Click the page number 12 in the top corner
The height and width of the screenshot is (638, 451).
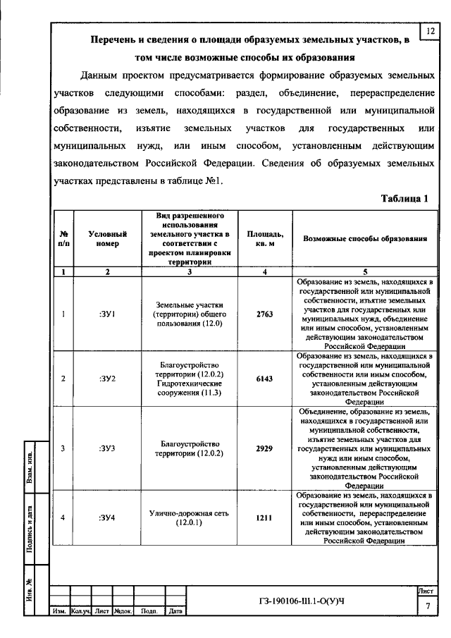click(x=430, y=30)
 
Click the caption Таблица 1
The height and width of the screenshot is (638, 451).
click(x=404, y=199)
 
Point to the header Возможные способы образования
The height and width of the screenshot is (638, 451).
click(x=365, y=238)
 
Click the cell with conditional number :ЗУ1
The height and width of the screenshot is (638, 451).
click(x=108, y=314)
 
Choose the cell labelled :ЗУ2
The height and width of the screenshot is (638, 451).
click(x=108, y=378)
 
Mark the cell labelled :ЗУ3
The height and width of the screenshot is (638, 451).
click(x=108, y=448)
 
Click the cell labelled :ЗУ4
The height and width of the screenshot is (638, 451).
click(x=108, y=518)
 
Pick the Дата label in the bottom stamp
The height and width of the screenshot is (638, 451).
click(x=176, y=611)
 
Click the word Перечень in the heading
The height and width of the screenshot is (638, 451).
click(x=117, y=41)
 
